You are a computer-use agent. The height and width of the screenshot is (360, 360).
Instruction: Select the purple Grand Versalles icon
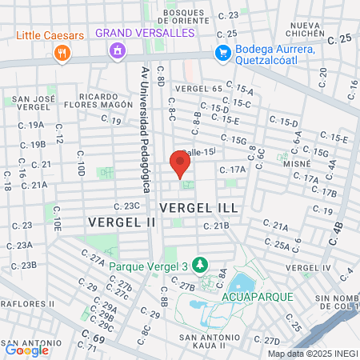click(117, 51)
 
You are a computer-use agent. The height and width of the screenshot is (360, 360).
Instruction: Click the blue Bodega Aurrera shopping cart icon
click(224, 52)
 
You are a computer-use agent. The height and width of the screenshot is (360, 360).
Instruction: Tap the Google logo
click(26, 350)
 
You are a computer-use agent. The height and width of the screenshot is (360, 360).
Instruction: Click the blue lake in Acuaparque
click(240, 282)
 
